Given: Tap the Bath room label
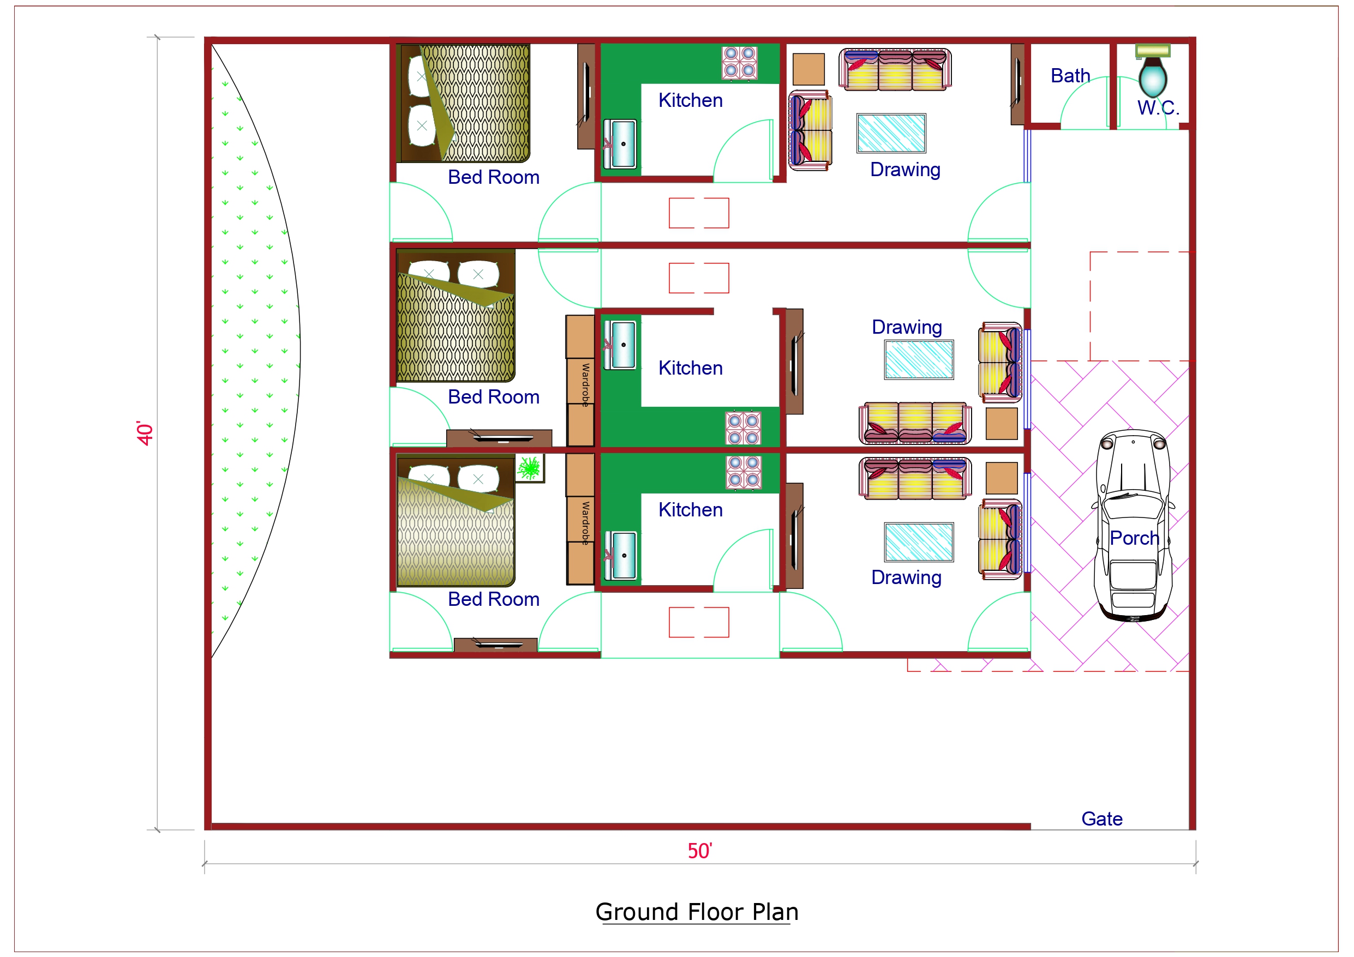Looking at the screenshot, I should (x=1070, y=76).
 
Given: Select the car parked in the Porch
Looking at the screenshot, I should (x=1133, y=525).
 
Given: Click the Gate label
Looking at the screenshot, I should (x=1101, y=818).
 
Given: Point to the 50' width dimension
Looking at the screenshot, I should (x=699, y=851).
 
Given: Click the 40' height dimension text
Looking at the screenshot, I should (x=145, y=434).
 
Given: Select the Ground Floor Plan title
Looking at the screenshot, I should (x=697, y=912).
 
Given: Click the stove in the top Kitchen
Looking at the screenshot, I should (x=740, y=63).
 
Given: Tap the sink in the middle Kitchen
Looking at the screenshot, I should (x=623, y=345).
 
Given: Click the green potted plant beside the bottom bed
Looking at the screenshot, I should (x=530, y=468).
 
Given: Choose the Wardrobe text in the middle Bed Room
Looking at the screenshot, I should (x=585, y=384).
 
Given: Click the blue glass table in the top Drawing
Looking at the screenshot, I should (x=891, y=133).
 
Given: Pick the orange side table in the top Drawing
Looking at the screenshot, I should (x=808, y=70).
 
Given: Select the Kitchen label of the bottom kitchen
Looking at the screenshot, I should (x=690, y=509).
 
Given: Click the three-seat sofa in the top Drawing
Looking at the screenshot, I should (x=895, y=70).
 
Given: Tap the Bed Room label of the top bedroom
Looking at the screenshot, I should (x=493, y=177).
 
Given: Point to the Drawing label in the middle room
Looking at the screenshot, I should (x=907, y=327).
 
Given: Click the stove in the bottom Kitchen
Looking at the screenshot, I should (x=743, y=472).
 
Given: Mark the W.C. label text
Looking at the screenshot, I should (x=1158, y=108).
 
